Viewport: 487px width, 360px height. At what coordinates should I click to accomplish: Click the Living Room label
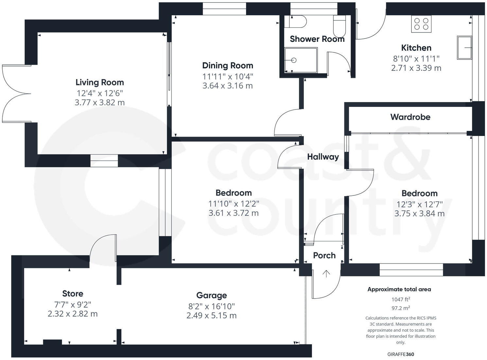[x=99, y=82]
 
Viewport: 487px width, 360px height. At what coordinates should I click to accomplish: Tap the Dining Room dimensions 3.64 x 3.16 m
[x=227, y=86]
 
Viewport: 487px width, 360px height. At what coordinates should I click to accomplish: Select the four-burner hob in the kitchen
[x=421, y=24]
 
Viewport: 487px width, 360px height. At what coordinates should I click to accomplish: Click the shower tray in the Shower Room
[x=301, y=60]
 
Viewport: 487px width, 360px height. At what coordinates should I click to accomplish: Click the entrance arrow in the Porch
[x=326, y=273]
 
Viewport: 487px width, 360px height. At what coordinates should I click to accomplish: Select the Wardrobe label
[x=410, y=117]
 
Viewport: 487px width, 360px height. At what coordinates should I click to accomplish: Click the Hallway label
[x=323, y=157]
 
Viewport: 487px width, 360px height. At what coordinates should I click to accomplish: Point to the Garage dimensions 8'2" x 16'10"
[x=211, y=306]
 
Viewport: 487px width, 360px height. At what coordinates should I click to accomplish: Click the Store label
[x=73, y=294]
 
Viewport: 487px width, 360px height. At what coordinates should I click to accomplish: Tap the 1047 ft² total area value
[x=401, y=299]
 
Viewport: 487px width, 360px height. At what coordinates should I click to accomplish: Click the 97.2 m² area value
[x=401, y=308]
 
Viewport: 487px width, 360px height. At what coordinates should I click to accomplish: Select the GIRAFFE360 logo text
[x=401, y=354]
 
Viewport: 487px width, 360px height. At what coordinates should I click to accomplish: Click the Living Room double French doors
[x=16, y=94]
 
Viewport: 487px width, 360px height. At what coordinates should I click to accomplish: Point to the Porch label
[x=324, y=255]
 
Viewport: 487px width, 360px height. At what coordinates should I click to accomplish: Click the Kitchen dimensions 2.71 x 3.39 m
[x=416, y=68]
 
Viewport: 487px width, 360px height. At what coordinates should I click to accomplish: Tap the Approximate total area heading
[x=399, y=289]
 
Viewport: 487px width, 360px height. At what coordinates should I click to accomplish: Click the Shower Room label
[x=317, y=39]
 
